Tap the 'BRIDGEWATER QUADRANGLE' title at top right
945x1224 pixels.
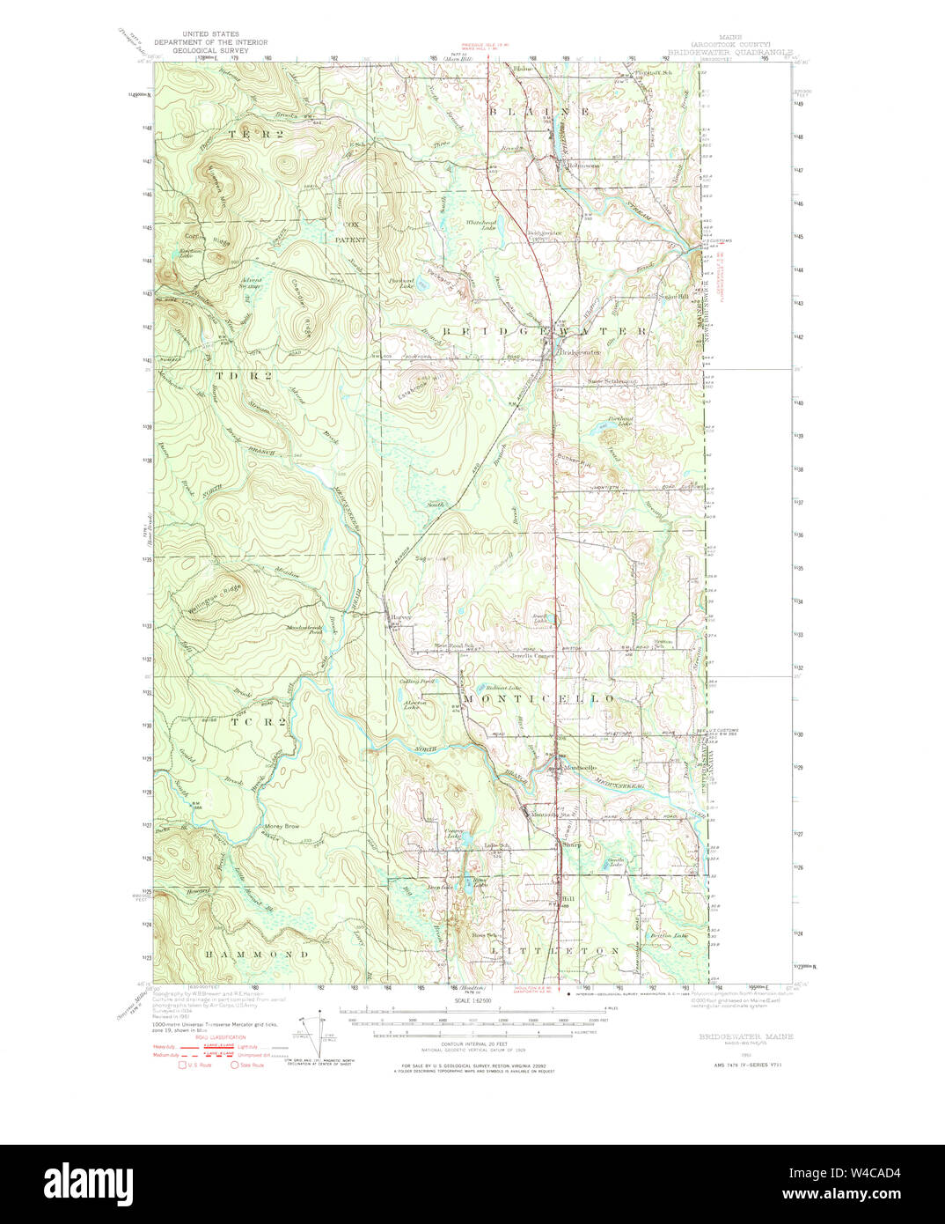click(x=729, y=52)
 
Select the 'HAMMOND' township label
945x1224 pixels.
click(x=257, y=954)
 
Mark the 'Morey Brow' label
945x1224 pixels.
click(x=282, y=827)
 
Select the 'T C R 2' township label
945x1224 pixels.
click(x=258, y=721)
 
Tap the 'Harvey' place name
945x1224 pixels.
click(x=401, y=617)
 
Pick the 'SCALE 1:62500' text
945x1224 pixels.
click(x=472, y=1000)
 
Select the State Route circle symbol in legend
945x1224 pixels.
click(x=235, y=1065)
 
